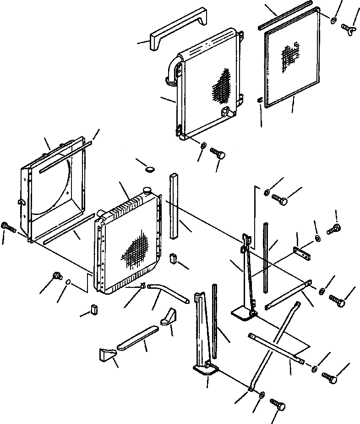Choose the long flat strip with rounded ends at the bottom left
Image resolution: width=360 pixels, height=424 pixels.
click(138, 337)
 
